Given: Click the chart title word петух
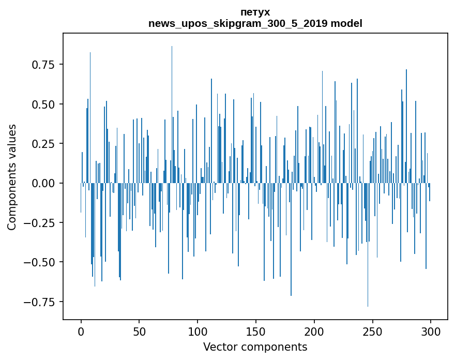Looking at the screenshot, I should click(x=255, y=12).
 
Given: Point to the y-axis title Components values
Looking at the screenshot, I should click(x=12, y=177).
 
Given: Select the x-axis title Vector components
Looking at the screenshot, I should click(x=255, y=347).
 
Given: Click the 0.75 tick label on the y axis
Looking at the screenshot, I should click(x=43, y=65).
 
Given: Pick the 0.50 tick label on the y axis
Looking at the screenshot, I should click(x=43, y=104).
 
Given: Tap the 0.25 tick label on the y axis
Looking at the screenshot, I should click(x=43, y=144).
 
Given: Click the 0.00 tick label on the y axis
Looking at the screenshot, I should click(x=43, y=183).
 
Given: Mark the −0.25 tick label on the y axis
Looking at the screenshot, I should click(x=40, y=223).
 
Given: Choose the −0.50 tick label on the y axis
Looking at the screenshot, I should click(x=40, y=262).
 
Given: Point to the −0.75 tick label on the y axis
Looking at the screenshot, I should click(x=40, y=302).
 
